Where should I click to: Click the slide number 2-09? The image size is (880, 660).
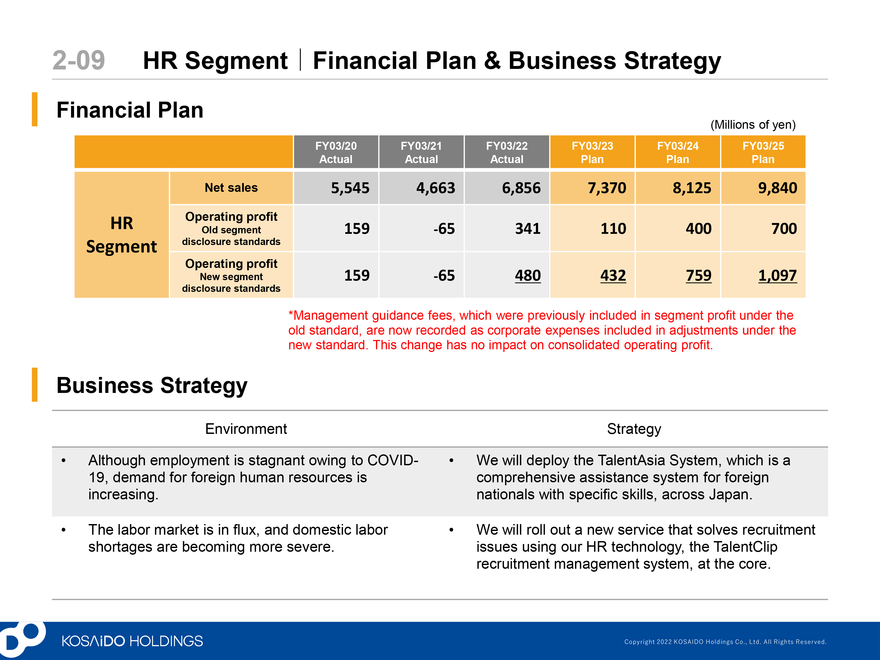(79, 60)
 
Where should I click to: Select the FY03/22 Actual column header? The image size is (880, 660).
(507, 152)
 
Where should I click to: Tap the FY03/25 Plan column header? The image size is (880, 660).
(763, 152)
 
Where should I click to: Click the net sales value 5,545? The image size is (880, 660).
(350, 188)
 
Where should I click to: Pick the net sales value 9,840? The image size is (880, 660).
(777, 188)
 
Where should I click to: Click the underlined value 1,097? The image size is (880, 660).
(777, 275)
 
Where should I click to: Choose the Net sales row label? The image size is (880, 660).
(231, 188)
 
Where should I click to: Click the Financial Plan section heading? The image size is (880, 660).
(130, 110)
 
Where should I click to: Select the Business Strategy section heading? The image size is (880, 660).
(152, 385)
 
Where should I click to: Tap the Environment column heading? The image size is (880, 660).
(246, 429)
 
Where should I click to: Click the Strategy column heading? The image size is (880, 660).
(634, 429)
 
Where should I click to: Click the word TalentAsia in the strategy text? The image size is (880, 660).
(631, 460)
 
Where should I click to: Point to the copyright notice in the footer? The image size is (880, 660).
(725, 642)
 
